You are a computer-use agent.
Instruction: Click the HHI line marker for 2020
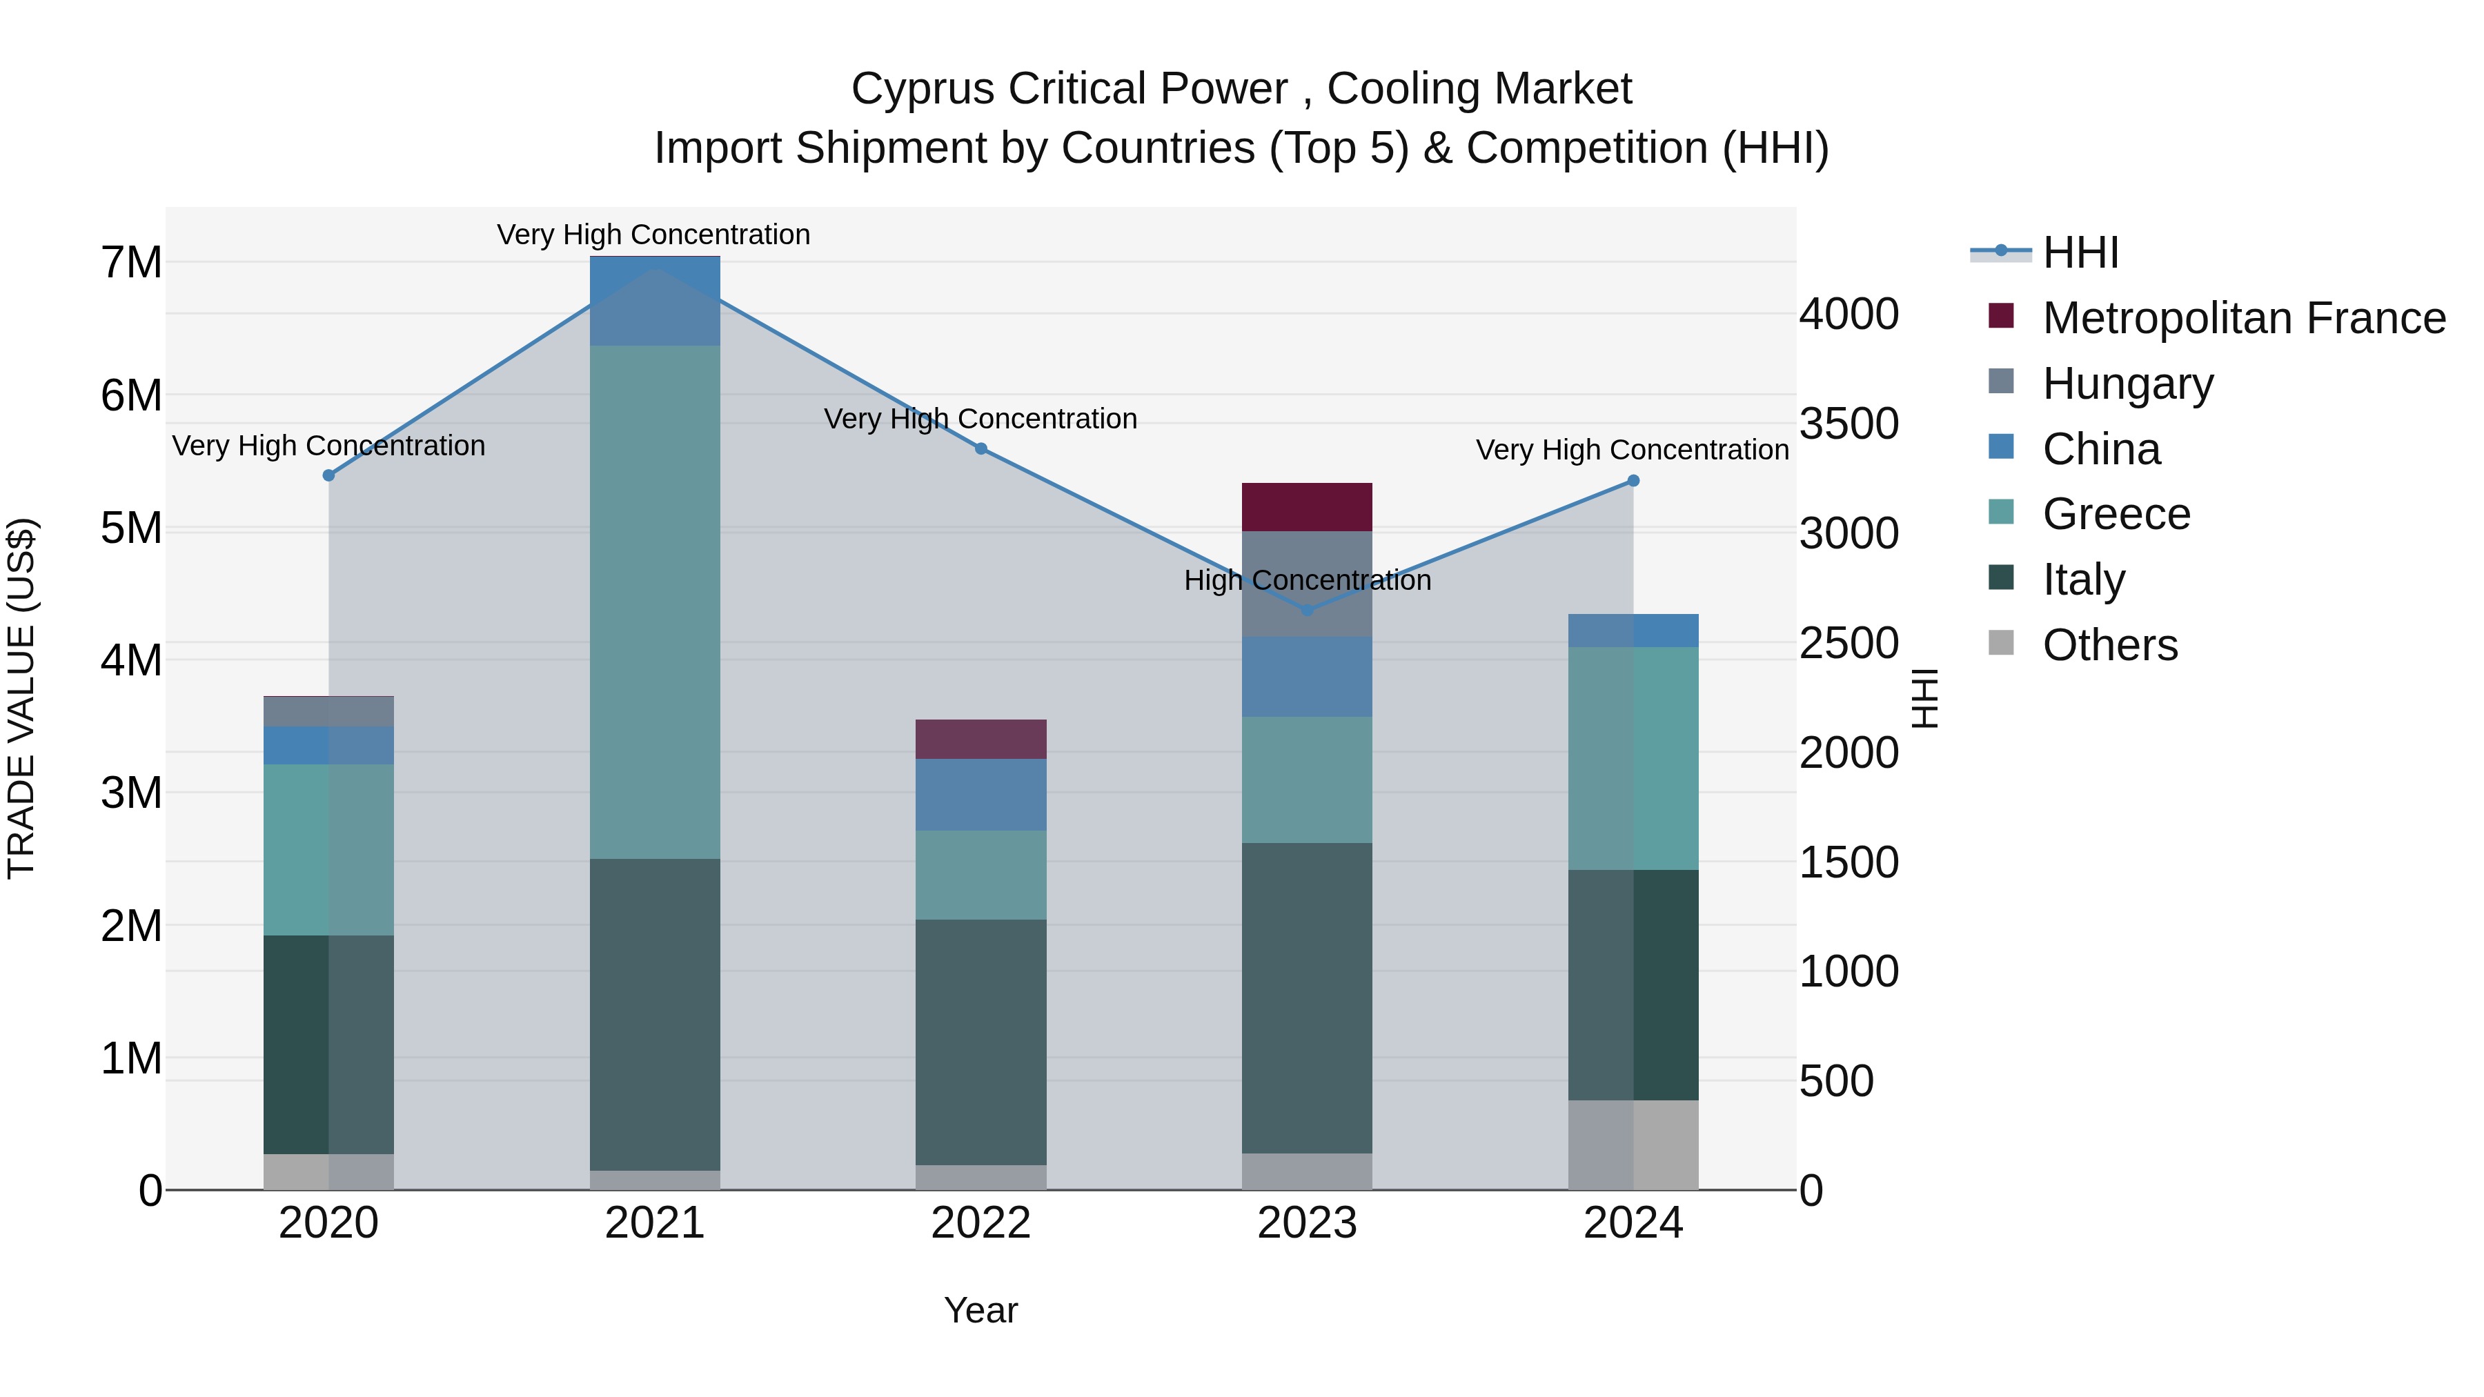[x=329, y=475]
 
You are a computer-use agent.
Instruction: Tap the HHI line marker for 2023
[x=1307, y=611]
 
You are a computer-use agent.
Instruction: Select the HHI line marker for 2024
[x=1633, y=480]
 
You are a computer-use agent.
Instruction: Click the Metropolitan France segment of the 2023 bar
[x=1307, y=507]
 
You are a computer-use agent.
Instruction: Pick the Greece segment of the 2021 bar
[x=655, y=602]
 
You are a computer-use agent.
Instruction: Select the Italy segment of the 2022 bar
[x=980, y=1041]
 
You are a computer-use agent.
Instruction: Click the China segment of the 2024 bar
[x=1633, y=631]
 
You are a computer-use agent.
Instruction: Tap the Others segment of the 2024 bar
[x=1633, y=1145]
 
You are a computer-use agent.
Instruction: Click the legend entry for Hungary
[x=2127, y=384]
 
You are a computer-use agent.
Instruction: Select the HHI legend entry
[x=2079, y=252]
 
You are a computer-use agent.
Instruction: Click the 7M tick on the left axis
[x=131, y=262]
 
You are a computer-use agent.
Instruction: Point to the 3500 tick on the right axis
[x=1849, y=424]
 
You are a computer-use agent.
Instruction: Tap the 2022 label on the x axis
[x=980, y=1223]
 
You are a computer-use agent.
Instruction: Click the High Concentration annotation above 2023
[x=1307, y=580]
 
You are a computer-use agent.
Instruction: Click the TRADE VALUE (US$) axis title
[x=21, y=698]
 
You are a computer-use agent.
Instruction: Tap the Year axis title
[x=980, y=1310]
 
